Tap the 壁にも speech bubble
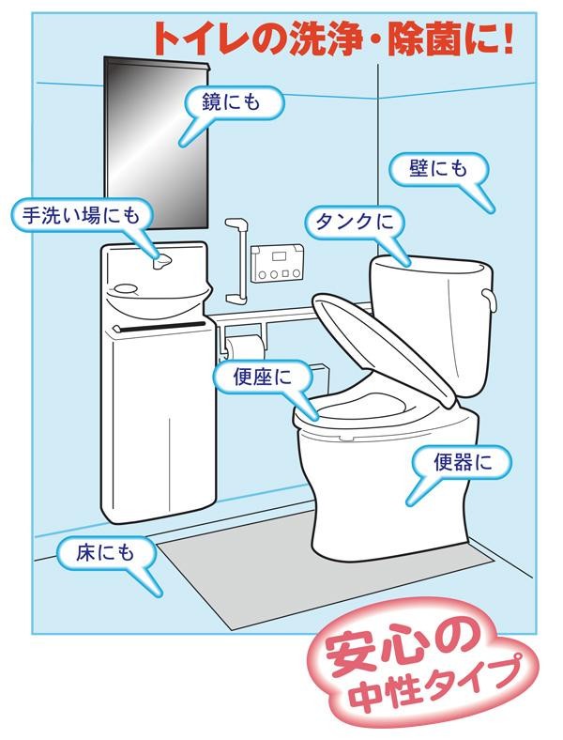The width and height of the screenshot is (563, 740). tap(438, 169)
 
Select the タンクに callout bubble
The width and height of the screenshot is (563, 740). tap(355, 223)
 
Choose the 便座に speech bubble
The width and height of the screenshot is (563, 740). tap(263, 378)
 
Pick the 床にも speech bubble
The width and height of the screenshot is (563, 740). tap(105, 553)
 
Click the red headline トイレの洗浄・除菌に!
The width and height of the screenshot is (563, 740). tap(333, 39)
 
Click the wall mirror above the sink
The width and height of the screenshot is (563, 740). tap(156, 143)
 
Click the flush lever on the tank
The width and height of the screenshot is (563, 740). tap(490, 300)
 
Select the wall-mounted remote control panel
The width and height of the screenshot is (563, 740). tap(276, 264)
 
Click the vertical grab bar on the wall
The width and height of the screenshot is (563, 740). tap(236, 261)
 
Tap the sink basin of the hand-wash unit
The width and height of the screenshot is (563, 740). tap(156, 298)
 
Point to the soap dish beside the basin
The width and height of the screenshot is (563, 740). tap(125, 287)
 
